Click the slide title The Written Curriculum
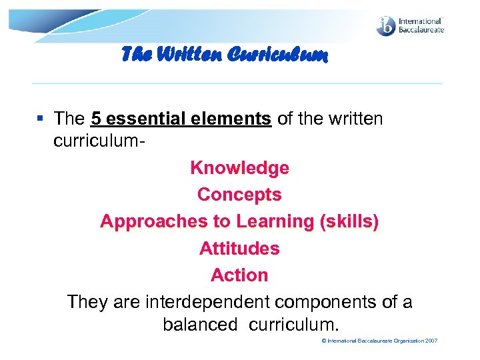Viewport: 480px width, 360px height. point(224,57)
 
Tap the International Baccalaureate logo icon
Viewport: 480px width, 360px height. point(387,26)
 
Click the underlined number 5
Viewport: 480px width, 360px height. point(95,119)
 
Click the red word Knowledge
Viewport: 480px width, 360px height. point(239,168)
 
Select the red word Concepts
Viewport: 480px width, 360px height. point(239,195)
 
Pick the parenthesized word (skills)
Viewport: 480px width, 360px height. point(349,222)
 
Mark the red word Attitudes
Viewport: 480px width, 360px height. point(239,249)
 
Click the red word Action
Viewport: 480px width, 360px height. point(239,275)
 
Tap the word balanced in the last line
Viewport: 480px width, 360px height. point(199,325)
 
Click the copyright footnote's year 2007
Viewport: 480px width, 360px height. point(431,341)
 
